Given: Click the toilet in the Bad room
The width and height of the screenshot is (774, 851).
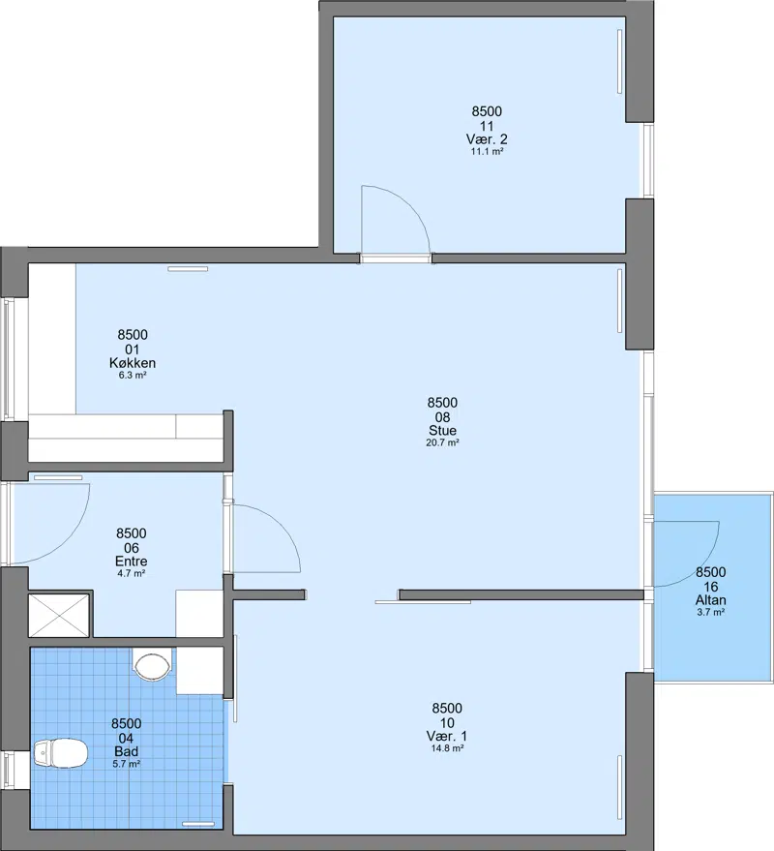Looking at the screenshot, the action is (x=60, y=753).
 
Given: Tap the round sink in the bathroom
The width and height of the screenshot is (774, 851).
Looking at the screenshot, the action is (x=153, y=667).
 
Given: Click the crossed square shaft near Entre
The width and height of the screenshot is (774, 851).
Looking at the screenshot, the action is (x=58, y=615).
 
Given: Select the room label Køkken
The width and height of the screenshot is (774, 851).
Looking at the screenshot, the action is (x=133, y=362).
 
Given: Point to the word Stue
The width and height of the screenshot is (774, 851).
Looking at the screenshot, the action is (x=442, y=430).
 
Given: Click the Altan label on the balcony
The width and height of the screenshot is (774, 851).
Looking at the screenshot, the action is (x=710, y=599).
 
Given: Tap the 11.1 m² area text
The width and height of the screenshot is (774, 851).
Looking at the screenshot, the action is (x=487, y=151).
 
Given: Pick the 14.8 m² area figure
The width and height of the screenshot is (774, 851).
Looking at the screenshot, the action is (x=447, y=747).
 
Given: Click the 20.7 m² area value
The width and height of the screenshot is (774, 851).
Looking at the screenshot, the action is (x=442, y=442).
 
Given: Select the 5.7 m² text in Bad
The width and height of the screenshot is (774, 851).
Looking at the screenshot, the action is (x=127, y=764).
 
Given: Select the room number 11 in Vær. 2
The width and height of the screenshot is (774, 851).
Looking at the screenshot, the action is (x=487, y=126).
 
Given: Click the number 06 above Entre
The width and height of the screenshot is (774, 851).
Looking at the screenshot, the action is (x=132, y=548).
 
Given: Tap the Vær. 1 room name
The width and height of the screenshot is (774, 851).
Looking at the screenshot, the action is (x=447, y=736).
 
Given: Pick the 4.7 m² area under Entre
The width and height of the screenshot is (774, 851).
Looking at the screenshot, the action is (x=132, y=573).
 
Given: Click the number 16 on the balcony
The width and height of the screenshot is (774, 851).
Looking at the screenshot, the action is (x=710, y=586).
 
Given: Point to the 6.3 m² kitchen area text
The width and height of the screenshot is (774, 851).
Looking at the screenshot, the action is (x=133, y=375).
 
